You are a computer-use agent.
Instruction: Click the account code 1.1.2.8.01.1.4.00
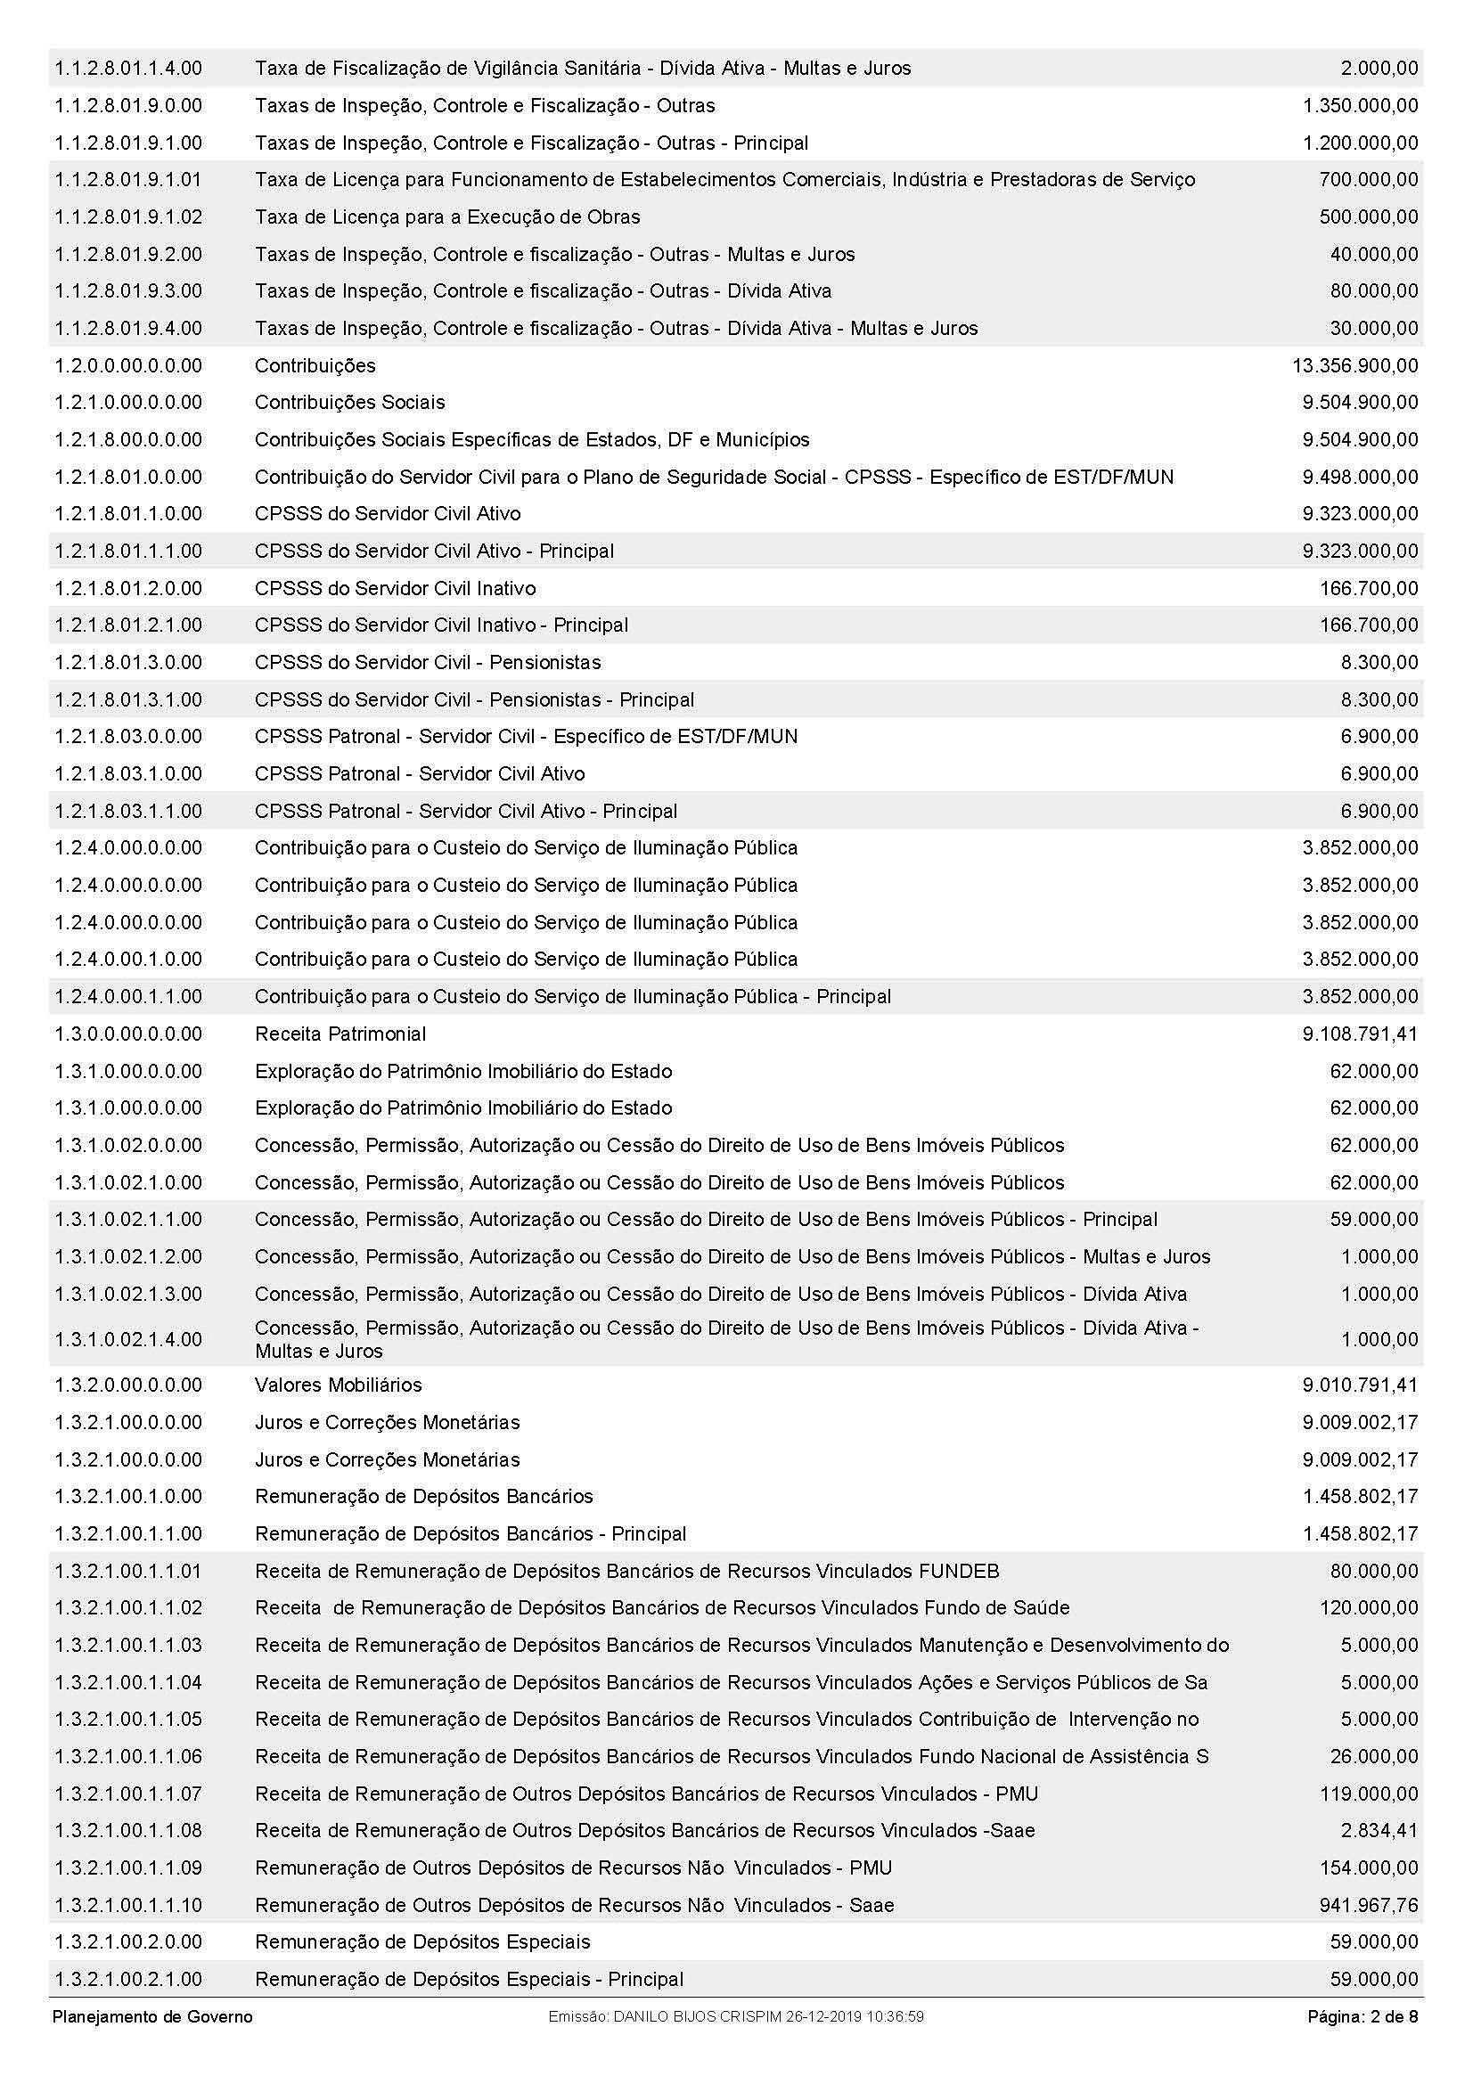point(128,68)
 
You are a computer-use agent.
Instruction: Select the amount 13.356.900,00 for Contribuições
point(1354,366)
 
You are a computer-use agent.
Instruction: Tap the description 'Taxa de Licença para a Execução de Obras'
point(447,217)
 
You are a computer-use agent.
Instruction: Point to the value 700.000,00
point(1368,180)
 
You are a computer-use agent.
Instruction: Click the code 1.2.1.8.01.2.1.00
point(128,625)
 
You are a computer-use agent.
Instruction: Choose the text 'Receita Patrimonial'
point(340,1034)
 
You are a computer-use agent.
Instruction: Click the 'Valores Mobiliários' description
point(339,1385)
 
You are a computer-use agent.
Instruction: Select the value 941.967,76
point(1368,1905)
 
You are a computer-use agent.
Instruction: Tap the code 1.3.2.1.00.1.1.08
point(128,1831)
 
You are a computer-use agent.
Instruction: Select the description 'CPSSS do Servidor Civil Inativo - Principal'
point(441,625)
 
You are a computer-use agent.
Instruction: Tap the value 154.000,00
point(1368,1868)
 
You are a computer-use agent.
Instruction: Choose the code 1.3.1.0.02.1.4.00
point(128,1339)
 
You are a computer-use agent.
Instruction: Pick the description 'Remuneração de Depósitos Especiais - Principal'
point(470,1980)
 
